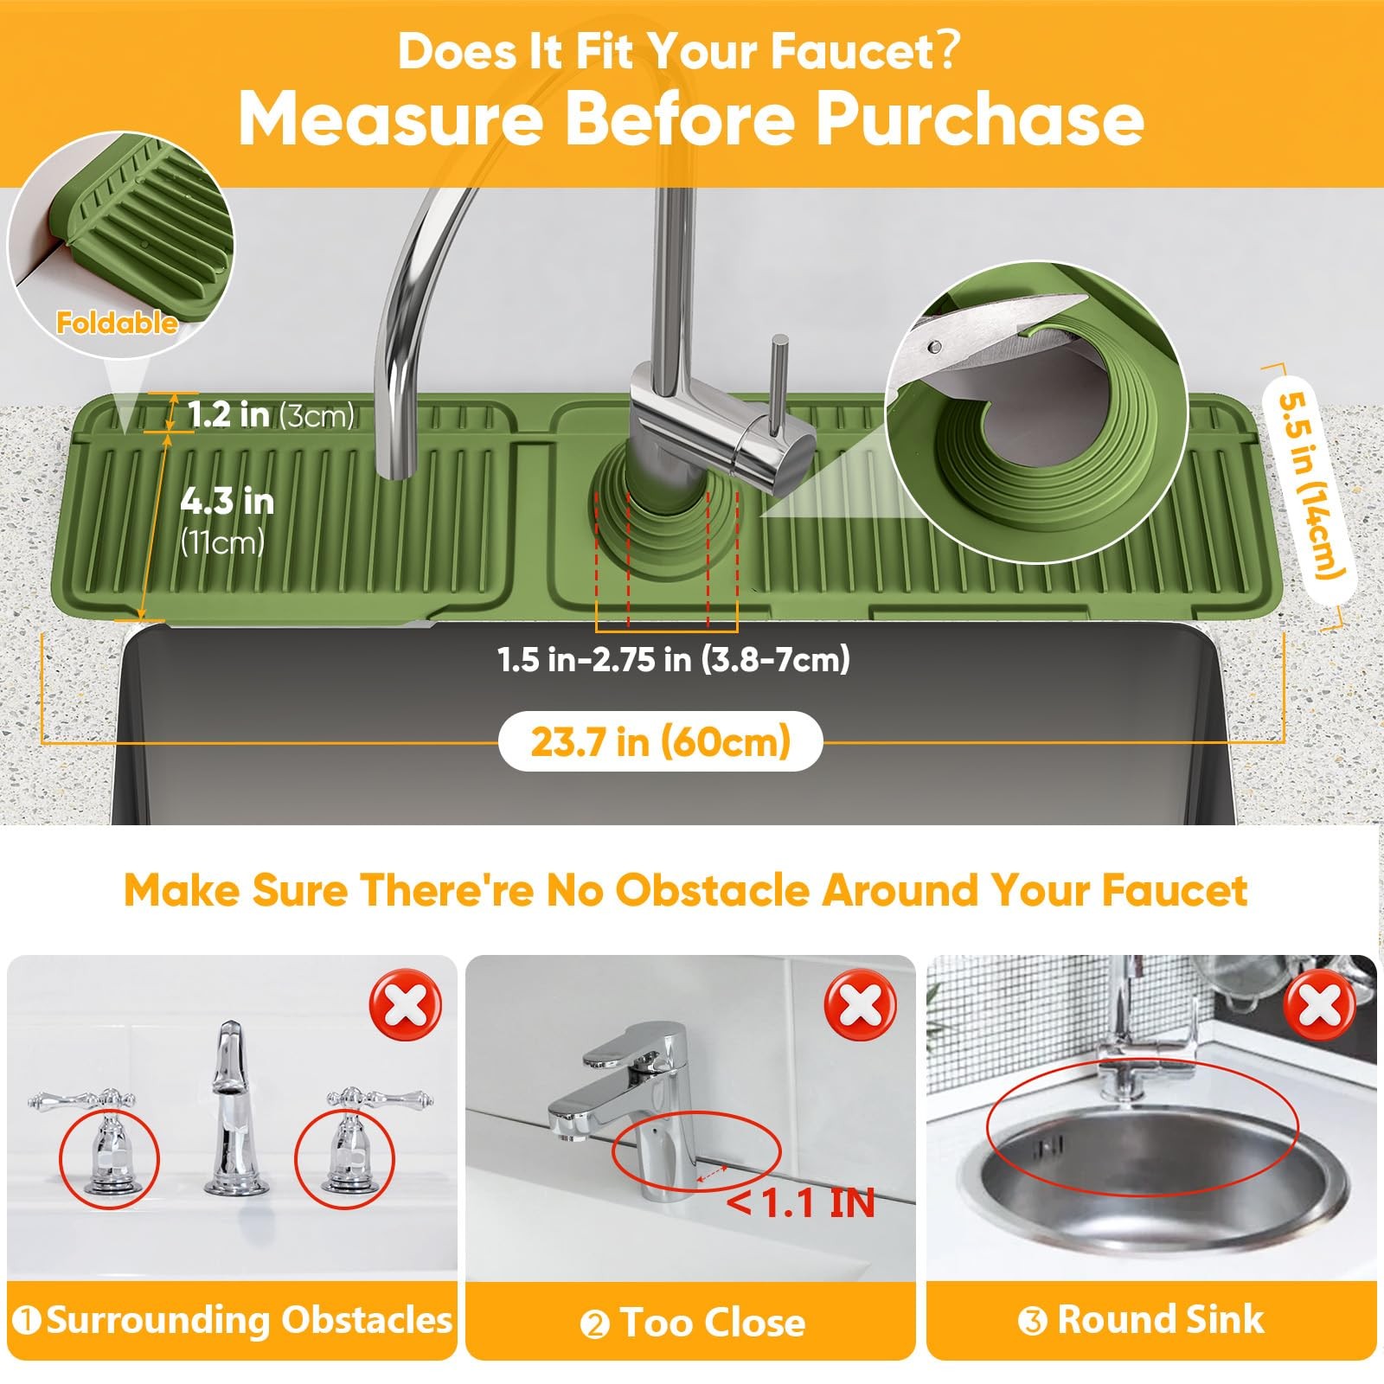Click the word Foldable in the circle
tap(117, 323)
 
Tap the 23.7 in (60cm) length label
tap(660, 741)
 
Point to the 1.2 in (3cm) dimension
tap(271, 414)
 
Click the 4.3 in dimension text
tap(227, 501)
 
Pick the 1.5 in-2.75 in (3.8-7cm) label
tap(674, 660)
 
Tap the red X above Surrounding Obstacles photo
tap(406, 1006)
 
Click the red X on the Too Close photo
tap(859, 1006)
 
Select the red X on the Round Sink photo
tap(1319, 1006)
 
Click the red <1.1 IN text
tap(802, 1202)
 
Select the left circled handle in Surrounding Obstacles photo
tap(109, 1157)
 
